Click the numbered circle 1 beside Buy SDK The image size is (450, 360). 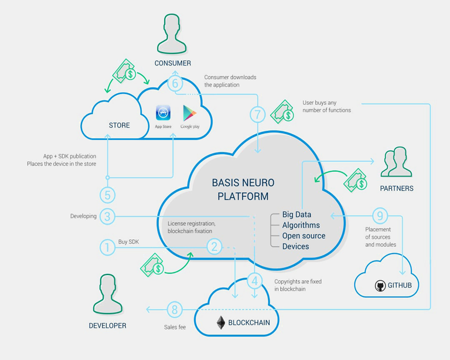107,247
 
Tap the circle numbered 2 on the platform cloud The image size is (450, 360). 214,247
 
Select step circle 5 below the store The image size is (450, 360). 107,195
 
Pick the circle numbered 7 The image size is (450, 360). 257,114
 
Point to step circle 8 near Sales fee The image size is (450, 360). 175,310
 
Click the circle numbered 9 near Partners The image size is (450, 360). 380,216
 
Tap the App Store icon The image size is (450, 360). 163,113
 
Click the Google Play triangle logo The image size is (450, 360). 189,113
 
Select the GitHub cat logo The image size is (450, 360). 380,286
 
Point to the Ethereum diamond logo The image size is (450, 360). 221,322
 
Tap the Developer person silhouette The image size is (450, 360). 108,294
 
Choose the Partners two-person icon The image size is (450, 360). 396,162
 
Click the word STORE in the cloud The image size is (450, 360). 119,125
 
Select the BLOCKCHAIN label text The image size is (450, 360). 249,322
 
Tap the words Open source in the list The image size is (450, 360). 304,236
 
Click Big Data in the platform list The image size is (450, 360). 296,215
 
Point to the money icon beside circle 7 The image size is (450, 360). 282,112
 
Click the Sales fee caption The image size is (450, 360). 175,327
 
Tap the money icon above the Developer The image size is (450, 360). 152,265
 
